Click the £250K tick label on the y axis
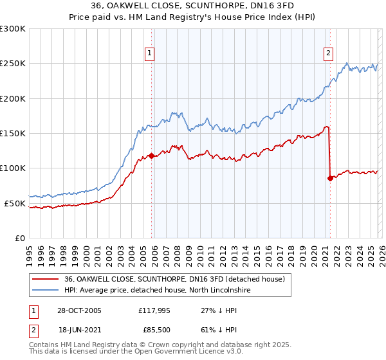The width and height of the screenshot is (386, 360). coord(12,64)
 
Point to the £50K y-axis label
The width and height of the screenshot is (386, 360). coord(14,203)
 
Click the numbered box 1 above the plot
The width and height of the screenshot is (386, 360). coord(150,53)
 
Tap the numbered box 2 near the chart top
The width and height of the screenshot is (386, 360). coord(328,53)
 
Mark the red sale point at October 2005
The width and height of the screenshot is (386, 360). coord(152,156)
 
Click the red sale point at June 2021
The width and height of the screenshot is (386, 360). coord(330,178)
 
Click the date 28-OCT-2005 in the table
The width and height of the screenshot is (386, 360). coord(79,310)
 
